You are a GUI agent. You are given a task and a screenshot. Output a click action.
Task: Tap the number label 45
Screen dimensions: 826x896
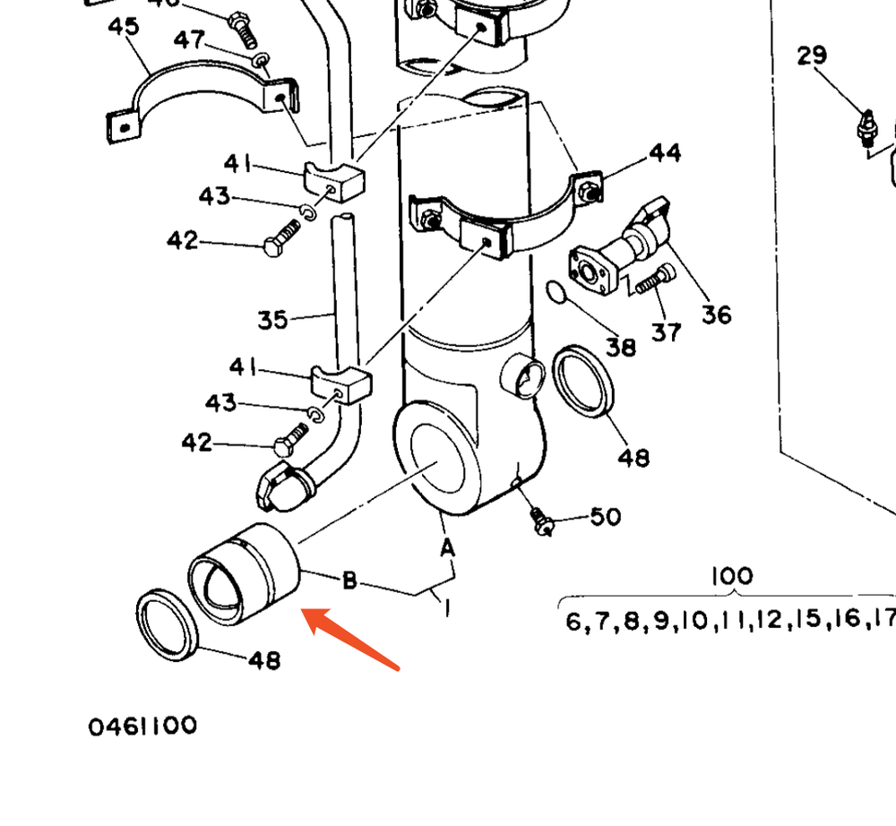124,26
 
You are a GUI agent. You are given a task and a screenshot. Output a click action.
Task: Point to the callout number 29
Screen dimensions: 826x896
812,56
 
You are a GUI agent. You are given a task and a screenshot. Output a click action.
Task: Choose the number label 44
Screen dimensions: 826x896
664,153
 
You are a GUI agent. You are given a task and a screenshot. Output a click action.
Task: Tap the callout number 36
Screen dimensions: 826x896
716,314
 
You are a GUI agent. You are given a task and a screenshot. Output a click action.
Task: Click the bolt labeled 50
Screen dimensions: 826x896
540,521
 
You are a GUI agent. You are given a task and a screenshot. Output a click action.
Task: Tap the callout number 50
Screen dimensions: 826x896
605,517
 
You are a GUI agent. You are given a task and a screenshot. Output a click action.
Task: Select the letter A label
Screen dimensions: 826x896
446,546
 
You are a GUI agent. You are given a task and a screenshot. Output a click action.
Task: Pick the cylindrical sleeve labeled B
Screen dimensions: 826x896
244,573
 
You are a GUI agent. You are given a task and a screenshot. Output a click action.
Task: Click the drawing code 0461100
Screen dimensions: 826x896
142,726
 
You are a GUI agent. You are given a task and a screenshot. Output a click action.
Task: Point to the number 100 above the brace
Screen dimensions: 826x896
732,576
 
